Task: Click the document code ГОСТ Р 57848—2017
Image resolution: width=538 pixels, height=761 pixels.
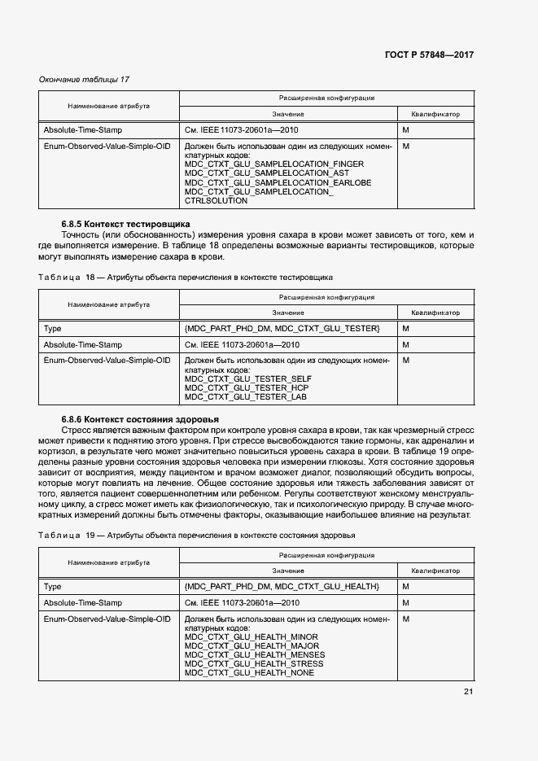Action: (x=428, y=55)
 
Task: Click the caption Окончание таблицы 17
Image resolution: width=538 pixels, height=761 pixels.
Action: (x=84, y=79)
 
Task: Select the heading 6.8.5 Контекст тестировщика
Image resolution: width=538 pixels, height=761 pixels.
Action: (x=125, y=223)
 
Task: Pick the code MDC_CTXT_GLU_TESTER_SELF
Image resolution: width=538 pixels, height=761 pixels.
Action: (x=247, y=378)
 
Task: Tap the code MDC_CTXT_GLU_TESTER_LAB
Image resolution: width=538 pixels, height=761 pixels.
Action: (x=246, y=396)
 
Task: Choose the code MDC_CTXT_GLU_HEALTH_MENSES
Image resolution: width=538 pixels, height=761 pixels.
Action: (x=255, y=655)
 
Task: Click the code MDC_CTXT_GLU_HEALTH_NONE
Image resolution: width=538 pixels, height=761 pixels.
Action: (x=249, y=673)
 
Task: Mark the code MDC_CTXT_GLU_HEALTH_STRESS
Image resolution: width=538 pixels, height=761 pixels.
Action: (x=254, y=664)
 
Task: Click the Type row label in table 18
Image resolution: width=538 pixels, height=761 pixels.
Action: (x=52, y=328)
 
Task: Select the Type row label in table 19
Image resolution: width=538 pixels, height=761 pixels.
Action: (x=52, y=587)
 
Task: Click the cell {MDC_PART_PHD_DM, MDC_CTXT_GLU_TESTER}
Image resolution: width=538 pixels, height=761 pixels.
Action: (x=282, y=328)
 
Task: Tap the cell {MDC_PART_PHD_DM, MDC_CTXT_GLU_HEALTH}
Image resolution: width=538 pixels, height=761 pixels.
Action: (x=282, y=587)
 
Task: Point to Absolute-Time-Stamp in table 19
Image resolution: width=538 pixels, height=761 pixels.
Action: (x=82, y=603)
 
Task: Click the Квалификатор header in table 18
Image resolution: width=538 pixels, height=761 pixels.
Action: (x=435, y=313)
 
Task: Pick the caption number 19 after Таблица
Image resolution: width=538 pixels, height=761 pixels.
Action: (x=90, y=536)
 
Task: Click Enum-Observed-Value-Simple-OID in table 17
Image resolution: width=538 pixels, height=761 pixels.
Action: (x=107, y=147)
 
